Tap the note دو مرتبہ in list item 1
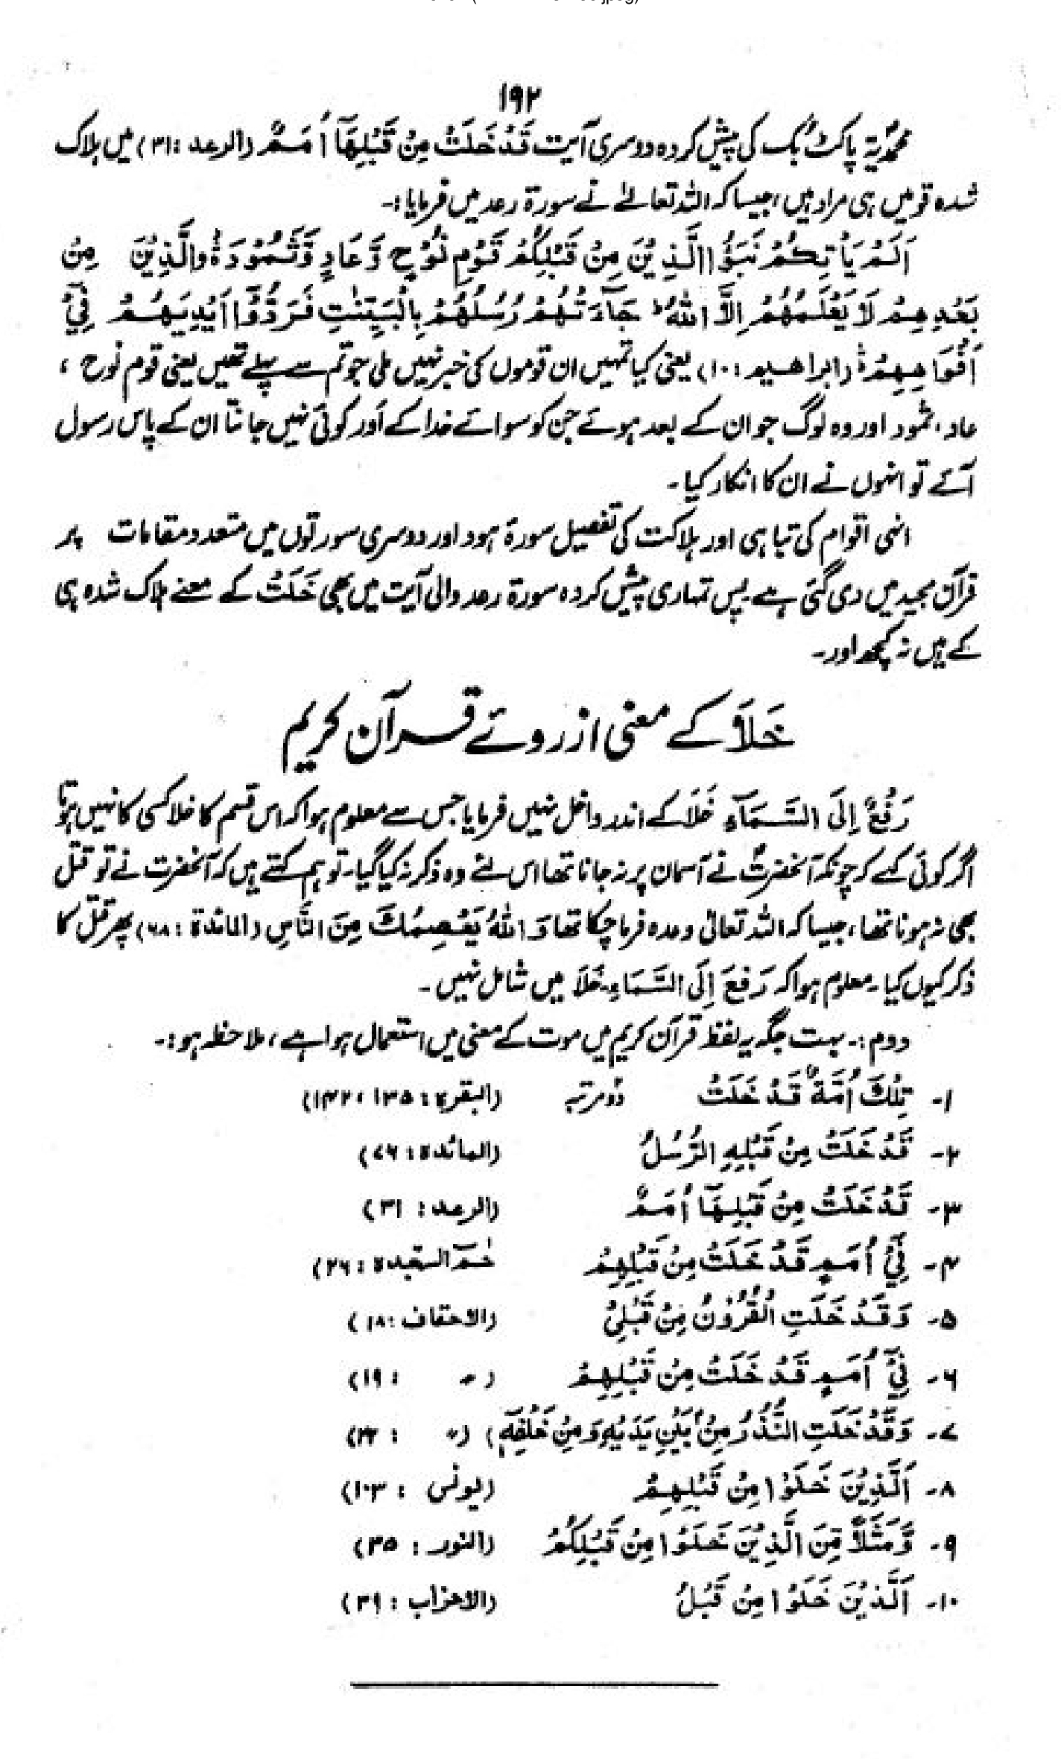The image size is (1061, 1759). click(585, 1096)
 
